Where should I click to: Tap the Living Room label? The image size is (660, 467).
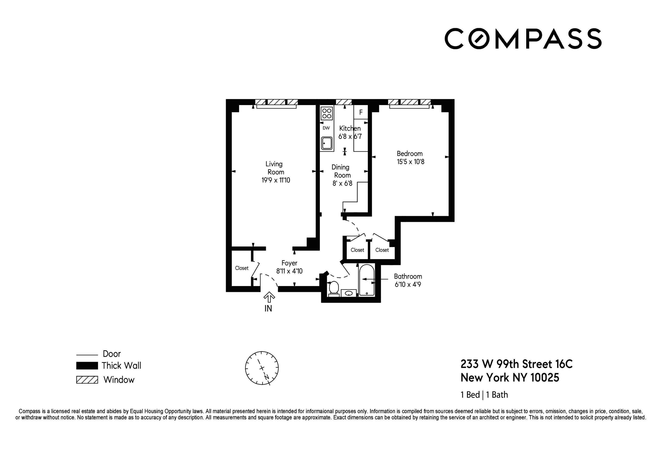coord(275,168)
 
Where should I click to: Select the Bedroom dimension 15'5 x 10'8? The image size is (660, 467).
coord(411,162)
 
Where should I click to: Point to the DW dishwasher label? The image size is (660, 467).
coord(326,128)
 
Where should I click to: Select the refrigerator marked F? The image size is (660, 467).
coord(361,113)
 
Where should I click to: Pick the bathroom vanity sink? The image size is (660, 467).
coord(349,293)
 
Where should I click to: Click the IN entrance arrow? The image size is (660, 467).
coord(269,297)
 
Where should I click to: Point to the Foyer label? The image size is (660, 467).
coord(289,263)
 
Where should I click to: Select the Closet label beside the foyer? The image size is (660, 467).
coord(242,268)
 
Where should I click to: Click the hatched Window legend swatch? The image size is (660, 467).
coord(87,380)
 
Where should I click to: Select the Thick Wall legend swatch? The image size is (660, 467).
coord(87,366)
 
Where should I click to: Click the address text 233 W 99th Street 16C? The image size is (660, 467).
coord(516,364)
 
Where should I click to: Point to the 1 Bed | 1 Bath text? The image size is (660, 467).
coord(484,395)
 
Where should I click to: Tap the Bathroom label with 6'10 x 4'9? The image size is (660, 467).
coord(408,280)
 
